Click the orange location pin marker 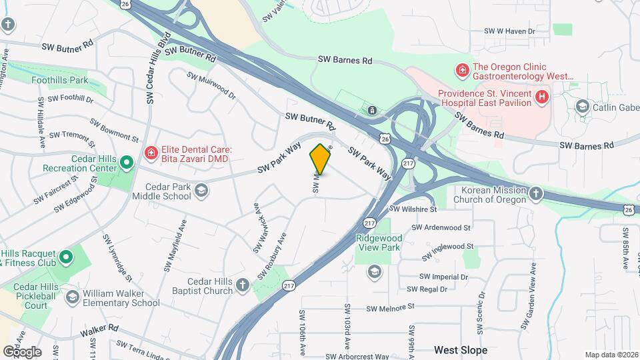(x=321, y=159)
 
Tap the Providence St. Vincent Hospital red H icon (x=542, y=97)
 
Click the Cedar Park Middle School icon (x=201, y=192)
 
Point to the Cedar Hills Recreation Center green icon (x=127, y=162)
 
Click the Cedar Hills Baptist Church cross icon (x=243, y=285)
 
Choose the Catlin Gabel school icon (x=582, y=107)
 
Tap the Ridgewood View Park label (x=379, y=243)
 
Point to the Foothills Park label (x=60, y=80)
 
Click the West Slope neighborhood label (x=460, y=350)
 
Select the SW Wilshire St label (x=413, y=209)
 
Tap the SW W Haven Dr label (x=510, y=31)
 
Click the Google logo (x=22, y=351)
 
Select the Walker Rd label (x=99, y=329)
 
